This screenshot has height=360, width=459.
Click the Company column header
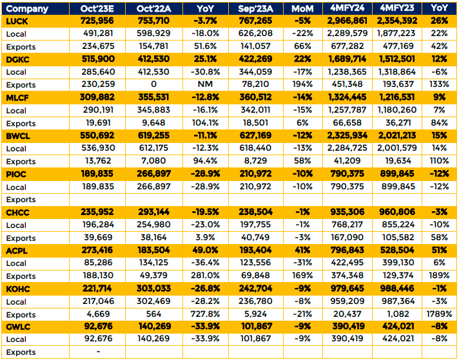(27, 9)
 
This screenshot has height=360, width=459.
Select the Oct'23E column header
(97, 9)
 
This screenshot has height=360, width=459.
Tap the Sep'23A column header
(255, 9)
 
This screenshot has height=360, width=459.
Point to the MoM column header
(303, 9)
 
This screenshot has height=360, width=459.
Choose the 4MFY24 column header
(347, 8)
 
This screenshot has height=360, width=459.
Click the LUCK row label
(17, 21)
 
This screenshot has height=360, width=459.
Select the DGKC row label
(17, 60)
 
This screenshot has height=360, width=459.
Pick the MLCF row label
(17, 98)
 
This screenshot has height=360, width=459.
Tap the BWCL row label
(18, 137)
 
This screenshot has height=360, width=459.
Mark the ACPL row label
(17, 251)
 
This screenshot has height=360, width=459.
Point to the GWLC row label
(18, 327)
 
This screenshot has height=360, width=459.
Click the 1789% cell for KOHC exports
(439, 314)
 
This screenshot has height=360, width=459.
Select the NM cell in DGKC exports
(205, 84)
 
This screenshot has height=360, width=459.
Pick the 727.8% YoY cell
(205, 314)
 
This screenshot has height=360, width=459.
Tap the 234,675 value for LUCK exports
(98, 46)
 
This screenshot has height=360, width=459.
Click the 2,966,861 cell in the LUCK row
(347, 21)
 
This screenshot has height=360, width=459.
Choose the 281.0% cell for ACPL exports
(205, 276)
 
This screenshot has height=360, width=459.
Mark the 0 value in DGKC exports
(153, 84)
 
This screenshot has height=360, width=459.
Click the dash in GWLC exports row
(98, 352)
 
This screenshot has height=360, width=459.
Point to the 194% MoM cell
(302, 84)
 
